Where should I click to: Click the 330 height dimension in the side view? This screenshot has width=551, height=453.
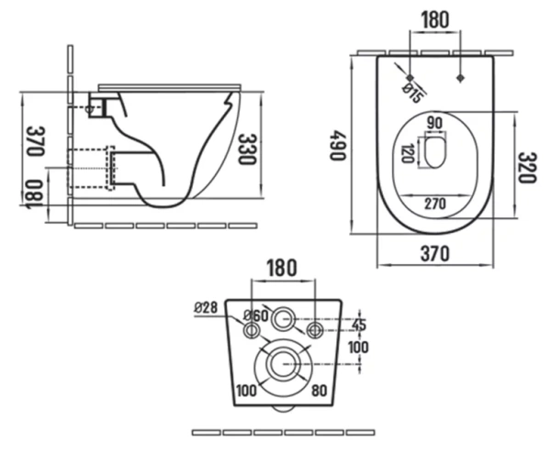coord(247,149)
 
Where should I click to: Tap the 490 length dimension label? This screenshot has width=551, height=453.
coord(337,145)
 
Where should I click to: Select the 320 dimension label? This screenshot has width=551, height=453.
coord(527,168)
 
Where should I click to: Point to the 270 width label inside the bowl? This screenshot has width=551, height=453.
coord(435,204)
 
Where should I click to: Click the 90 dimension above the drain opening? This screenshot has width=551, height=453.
coord(435,123)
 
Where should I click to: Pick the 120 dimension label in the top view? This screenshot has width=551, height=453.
coord(408,153)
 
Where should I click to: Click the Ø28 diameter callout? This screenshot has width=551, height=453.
coord(206,308)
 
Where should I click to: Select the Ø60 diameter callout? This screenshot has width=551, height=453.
coord(256,315)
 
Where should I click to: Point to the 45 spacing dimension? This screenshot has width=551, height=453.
coord(359,325)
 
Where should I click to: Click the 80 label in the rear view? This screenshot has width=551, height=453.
coord(319,391)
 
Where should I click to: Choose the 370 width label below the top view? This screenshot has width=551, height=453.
coord(435,253)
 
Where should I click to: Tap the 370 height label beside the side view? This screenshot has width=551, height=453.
coord(36,141)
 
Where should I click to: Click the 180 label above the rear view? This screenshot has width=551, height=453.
coord(282,268)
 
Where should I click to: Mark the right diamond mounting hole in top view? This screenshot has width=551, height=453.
coord(460,78)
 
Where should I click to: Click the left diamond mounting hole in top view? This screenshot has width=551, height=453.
coord(410,77)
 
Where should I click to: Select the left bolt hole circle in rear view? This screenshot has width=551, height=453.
coord(252,330)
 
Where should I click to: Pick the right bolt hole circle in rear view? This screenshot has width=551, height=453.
coord(314,330)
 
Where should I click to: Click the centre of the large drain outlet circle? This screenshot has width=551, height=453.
coord(283,364)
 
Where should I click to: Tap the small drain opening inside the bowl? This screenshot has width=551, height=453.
coord(435,153)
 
